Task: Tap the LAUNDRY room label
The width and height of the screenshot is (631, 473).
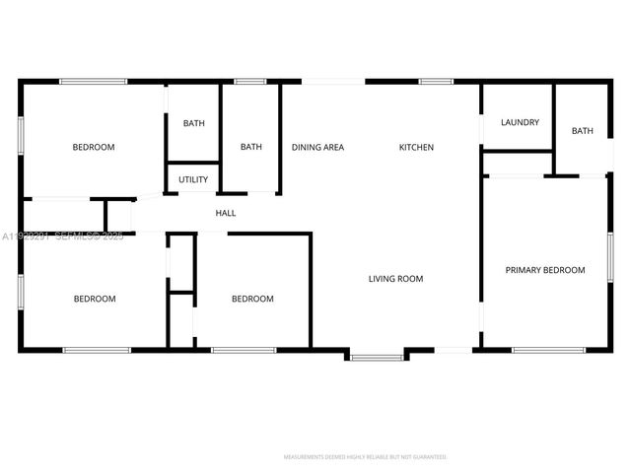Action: (x=520, y=122)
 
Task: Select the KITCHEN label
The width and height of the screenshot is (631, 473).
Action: (x=416, y=148)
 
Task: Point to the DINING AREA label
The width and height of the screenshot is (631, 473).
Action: (x=317, y=148)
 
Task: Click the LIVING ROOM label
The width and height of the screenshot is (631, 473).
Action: (x=395, y=279)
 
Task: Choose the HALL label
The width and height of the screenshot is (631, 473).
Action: (x=226, y=213)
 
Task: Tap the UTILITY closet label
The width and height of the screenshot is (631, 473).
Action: (x=193, y=179)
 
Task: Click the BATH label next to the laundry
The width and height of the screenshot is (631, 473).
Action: (x=583, y=131)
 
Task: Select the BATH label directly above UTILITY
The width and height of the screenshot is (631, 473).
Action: (x=193, y=123)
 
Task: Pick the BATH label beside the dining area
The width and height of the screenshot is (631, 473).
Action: (x=251, y=148)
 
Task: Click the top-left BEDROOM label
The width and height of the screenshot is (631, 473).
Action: (x=94, y=148)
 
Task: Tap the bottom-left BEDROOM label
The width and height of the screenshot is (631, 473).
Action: (x=95, y=299)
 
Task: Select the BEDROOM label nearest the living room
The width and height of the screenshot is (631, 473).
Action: (x=252, y=299)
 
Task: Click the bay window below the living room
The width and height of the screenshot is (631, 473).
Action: (x=376, y=356)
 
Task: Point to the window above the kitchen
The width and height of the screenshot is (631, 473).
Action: (x=435, y=81)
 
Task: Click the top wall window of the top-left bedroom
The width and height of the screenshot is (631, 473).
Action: (x=94, y=81)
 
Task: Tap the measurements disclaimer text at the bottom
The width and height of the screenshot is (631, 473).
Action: (x=365, y=457)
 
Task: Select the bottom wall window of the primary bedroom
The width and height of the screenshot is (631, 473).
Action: (x=548, y=349)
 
